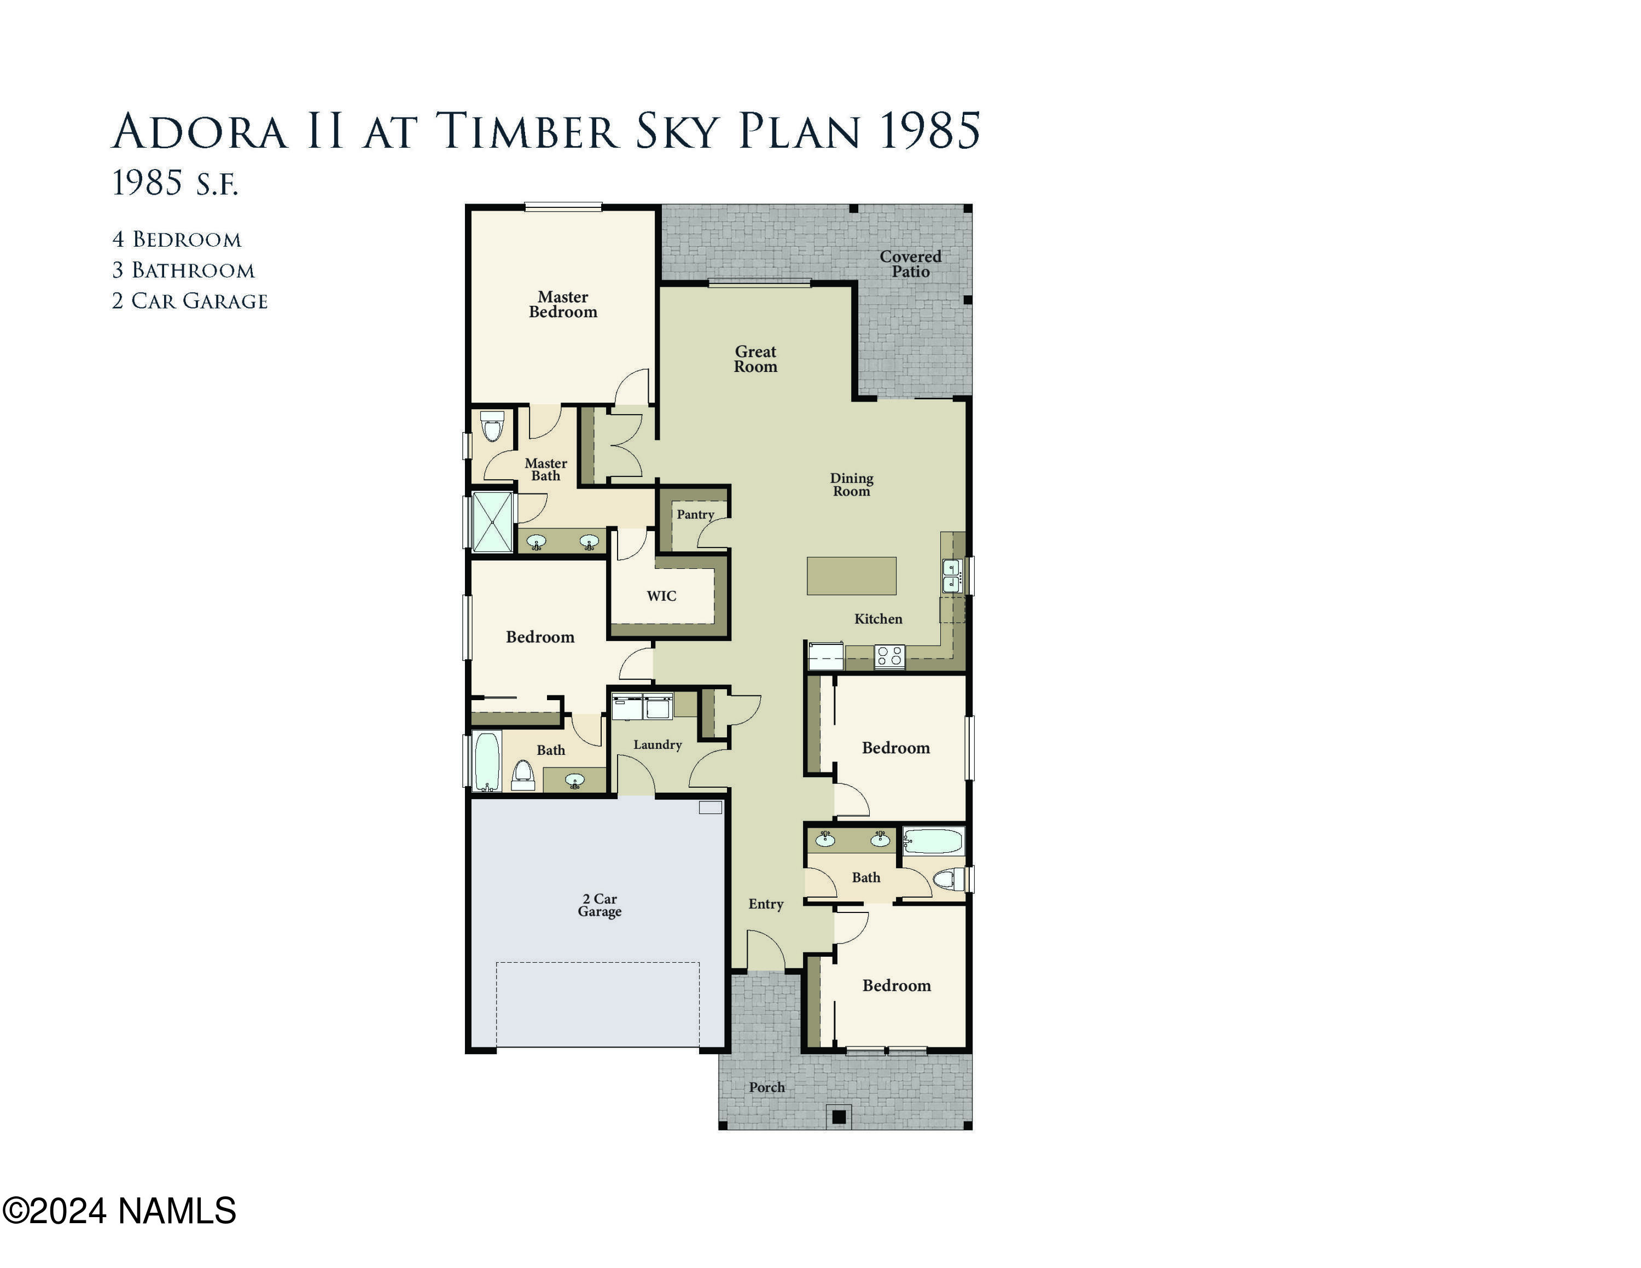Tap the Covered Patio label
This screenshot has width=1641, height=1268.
click(910, 264)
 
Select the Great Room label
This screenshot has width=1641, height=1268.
click(755, 359)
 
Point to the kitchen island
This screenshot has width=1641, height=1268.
click(851, 576)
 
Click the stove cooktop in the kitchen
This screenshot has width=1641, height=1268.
click(889, 656)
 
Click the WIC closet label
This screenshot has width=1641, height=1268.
click(661, 596)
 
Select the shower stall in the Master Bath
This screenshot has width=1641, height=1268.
click(492, 521)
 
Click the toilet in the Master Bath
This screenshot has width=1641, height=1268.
click(492, 427)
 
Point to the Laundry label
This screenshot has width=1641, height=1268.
click(657, 744)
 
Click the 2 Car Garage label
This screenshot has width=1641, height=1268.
click(600, 905)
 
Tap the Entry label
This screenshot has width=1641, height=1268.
click(766, 904)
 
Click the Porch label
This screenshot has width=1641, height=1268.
click(766, 1087)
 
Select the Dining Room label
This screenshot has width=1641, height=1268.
click(851, 485)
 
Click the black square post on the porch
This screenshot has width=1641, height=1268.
click(839, 1117)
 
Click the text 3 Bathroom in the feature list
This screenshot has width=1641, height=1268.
click(183, 270)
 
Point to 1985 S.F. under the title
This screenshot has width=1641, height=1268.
click(174, 183)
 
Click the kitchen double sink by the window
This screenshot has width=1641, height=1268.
click(951, 576)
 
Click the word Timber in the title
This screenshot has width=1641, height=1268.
click(527, 131)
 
